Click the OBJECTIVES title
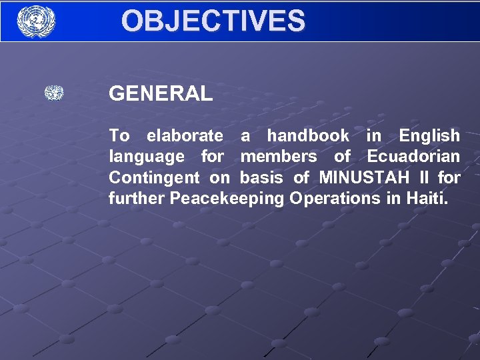click(213, 21)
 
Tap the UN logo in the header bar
click(36, 21)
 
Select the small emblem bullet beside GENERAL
click(54, 93)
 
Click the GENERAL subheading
click(161, 94)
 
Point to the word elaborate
click(185, 136)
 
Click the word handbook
click(308, 136)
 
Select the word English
click(429, 136)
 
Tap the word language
click(147, 157)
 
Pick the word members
click(279, 157)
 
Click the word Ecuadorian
click(413, 157)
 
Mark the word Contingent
click(154, 178)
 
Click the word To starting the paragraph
click(119, 136)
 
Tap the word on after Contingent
click(219, 178)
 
